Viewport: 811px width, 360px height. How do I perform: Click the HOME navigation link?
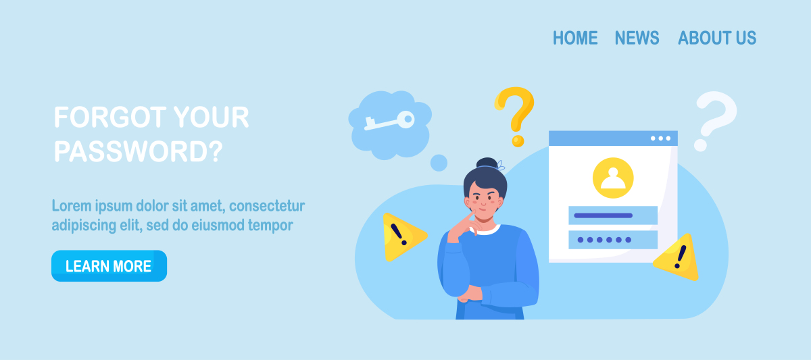coord(575,38)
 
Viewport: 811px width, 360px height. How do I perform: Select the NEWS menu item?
coord(637,38)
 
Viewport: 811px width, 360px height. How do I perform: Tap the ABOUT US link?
coord(717,38)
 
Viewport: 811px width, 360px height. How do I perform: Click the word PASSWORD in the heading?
coord(132,151)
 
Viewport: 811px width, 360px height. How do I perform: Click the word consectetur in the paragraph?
coord(267,206)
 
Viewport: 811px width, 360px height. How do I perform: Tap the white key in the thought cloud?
coord(389,120)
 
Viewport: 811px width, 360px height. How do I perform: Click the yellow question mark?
coord(515,116)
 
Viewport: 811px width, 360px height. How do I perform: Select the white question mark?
coord(715,121)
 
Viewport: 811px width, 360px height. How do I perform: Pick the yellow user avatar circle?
coord(613,178)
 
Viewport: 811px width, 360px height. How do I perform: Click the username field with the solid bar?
coord(613,215)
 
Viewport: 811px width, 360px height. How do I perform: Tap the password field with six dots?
coord(613,240)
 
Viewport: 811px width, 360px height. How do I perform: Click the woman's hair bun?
coord(487,163)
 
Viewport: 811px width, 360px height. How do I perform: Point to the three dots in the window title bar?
coord(660,138)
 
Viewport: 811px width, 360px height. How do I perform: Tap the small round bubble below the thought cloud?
coord(439,163)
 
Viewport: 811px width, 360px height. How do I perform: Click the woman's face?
coord(483,203)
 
